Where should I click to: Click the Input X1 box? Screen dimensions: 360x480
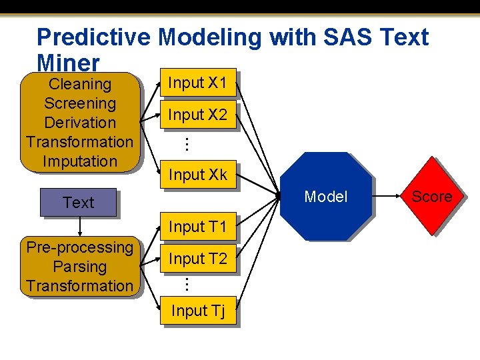[x=197, y=83]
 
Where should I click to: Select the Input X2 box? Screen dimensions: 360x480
[x=197, y=115]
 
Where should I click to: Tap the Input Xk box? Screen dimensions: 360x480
[x=197, y=175]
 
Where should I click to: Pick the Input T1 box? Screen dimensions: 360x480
[x=197, y=227]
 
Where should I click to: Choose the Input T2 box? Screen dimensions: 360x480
[x=197, y=259]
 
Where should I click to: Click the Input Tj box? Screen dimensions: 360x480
[x=197, y=311]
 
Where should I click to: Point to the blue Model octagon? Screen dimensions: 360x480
[x=325, y=196]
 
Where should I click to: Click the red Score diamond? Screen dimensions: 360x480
[x=432, y=196]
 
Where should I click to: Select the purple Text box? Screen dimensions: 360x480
[x=78, y=203]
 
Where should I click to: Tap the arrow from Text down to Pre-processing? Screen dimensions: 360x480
[x=79, y=227]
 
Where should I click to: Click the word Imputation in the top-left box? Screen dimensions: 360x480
[x=79, y=161]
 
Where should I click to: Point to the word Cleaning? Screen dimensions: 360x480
[x=80, y=84]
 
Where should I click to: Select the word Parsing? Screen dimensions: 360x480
[x=79, y=267]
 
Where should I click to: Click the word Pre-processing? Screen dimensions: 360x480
[x=79, y=247]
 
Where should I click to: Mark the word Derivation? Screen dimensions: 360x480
[x=79, y=123]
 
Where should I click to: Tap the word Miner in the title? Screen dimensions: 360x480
[x=69, y=62]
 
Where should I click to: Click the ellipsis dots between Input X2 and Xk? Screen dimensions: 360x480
[x=187, y=143]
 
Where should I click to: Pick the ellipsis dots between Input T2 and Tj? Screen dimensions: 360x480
[x=187, y=284]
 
